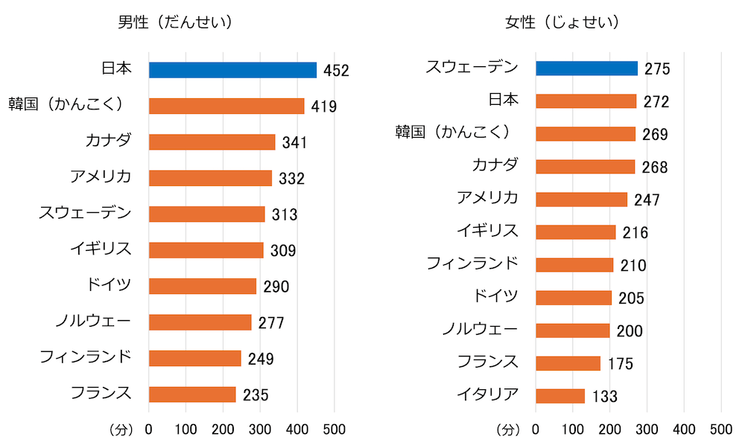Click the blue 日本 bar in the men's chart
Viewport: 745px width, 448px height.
(x=232, y=70)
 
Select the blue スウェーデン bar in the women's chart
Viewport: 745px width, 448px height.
(x=586, y=68)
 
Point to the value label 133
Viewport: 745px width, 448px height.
(x=605, y=397)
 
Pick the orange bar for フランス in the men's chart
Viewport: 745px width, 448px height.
(x=192, y=394)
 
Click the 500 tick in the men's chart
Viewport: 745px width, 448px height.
(x=334, y=429)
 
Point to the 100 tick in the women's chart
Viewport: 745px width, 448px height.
(x=573, y=429)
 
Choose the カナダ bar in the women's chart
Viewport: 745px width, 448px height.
(x=585, y=167)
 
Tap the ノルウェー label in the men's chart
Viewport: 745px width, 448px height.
(x=93, y=321)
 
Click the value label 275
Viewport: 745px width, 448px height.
(x=658, y=69)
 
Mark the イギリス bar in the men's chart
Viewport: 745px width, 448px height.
(x=206, y=250)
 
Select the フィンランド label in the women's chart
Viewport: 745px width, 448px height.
(x=472, y=263)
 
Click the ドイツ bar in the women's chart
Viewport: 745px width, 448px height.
(x=573, y=298)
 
